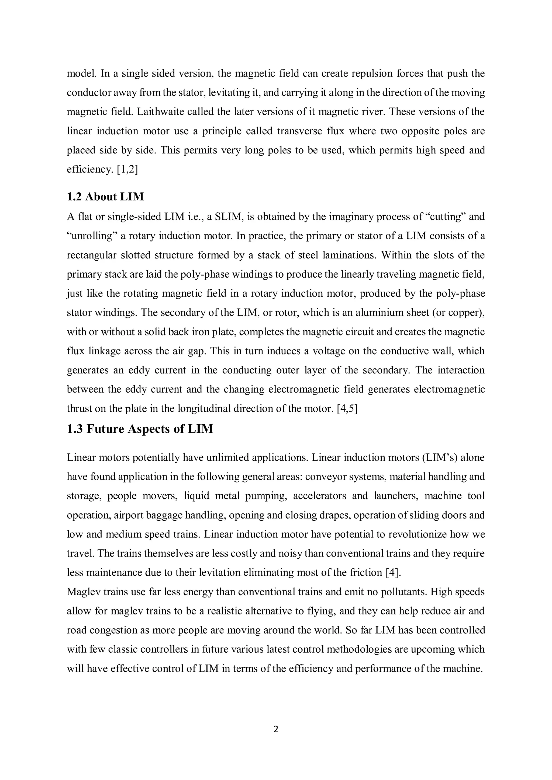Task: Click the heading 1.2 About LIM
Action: [x=105, y=197]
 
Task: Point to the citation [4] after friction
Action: [x=393, y=573]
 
